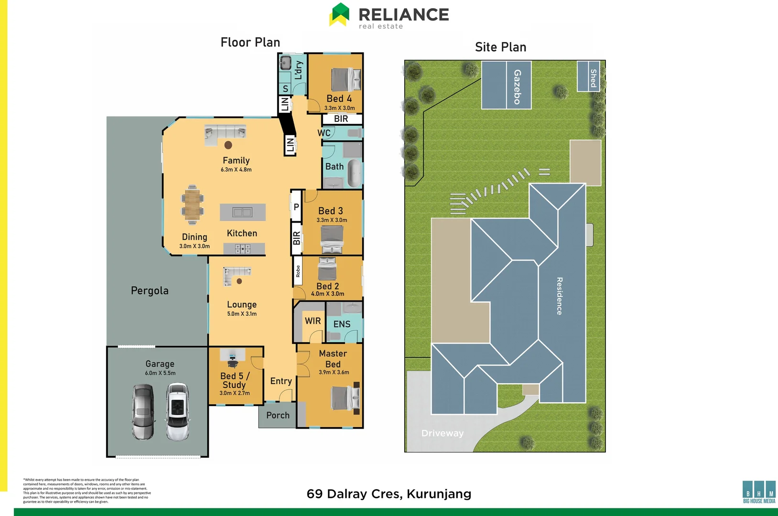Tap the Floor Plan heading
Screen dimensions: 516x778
pyautogui.click(x=250, y=43)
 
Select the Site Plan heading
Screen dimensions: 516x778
pyautogui.click(x=500, y=47)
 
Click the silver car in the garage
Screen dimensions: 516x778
pyautogui.click(x=143, y=412)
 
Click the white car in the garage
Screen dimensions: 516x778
pyautogui.click(x=177, y=412)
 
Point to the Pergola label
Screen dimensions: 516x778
pyautogui.click(x=150, y=290)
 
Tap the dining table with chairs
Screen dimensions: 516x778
pyautogui.click(x=192, y=204)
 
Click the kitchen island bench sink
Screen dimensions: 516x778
pyautogui.click(x=242, y=212)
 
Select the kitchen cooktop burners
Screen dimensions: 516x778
pyautogui.click(x=243, y=248)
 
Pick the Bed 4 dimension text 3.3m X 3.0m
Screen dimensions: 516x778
pyautogui.click(x=339, y=108)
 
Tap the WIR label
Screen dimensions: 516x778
pyautogui.click(x=313, y=321)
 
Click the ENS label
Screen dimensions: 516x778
pyautogui.click(x=342, y=324)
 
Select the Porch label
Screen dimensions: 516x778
pyautogui.click(x=278, y=415)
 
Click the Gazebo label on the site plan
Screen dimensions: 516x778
pyautogui.click(x=517, y=86)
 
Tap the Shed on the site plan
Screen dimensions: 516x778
pyautogui.click(x=589, y=76)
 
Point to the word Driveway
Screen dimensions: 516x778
pyautogui.click(x=442, y=433)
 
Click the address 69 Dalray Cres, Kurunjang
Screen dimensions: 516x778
pyautogui.click(x=389, y=494)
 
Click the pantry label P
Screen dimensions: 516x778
pyautogui.click(x=296, y=207)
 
